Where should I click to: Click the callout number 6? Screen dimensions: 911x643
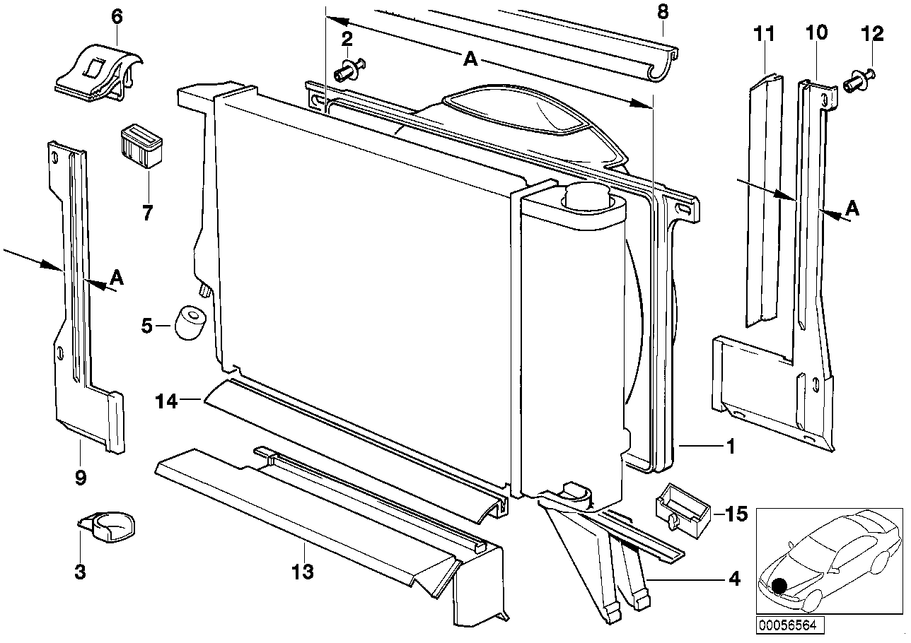click(117, 17)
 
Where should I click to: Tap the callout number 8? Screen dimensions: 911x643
click(663, 12)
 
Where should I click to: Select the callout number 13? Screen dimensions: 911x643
click(303, 572)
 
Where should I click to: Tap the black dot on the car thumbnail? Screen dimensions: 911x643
click(779, 585)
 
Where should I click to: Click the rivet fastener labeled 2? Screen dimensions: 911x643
click(349, 70)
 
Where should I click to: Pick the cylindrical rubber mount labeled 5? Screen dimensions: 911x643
click(190, 323)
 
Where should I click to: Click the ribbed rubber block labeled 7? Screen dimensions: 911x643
click(141, 146)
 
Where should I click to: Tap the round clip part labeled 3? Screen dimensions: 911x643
click(107, 527)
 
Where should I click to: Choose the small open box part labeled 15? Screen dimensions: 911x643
click(684, 510)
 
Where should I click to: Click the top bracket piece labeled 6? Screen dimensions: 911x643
click(99, 73)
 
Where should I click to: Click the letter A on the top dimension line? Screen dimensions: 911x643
click(470, 59)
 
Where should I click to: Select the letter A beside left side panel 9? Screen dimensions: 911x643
click(116, 278)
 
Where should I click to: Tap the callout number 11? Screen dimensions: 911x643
click(765, 34)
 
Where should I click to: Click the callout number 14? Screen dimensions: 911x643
click(166, 402)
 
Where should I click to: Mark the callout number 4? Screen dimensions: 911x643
click(734, 579)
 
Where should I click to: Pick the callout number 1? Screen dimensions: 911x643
click(731, 447)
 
